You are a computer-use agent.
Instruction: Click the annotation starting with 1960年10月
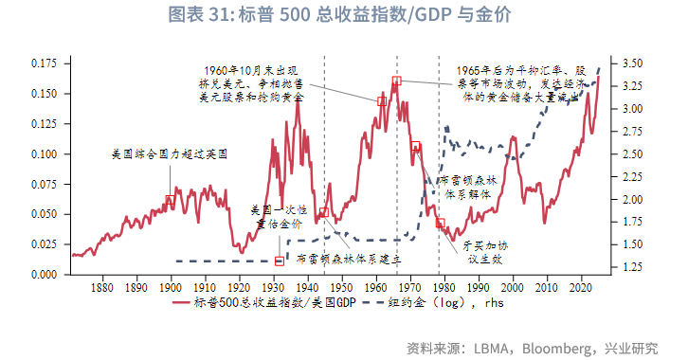click(x=253, y=84)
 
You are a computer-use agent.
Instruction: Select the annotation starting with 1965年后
click(x=525, y=84)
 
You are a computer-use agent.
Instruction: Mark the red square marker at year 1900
click(x=170, y=200)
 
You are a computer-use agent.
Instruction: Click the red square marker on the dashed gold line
click(x=279, y=261)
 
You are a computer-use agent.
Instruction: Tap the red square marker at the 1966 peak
click(x=397, y=81)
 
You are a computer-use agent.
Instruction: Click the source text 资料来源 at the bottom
click(x=530, y=346)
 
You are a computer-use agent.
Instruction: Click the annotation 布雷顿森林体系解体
click(x=467, y=186)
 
